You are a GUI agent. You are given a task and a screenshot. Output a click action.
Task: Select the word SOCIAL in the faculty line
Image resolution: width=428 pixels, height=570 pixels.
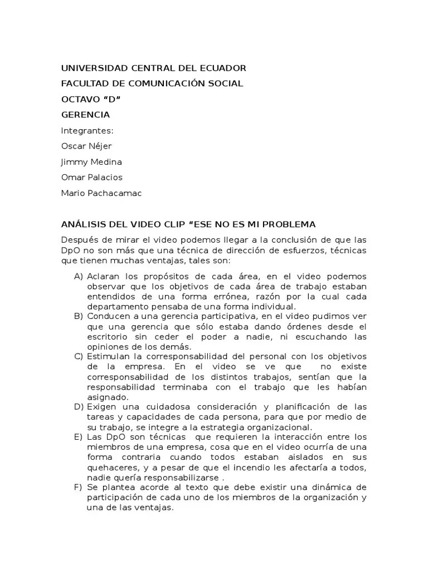pyautogui.click(x=224, y=83)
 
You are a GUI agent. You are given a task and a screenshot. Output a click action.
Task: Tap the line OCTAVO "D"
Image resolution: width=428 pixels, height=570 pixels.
pyautogui.click(x=90, y=99)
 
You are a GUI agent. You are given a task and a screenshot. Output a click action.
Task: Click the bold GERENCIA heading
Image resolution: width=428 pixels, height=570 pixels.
pyautogui.click(x=85, y=115)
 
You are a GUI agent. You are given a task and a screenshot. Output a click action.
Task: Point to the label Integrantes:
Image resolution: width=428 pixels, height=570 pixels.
pyautogui.click(x=87, y=131)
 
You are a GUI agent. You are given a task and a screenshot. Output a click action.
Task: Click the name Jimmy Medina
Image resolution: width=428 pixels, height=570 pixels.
pyautogui.click(x=91, y=162)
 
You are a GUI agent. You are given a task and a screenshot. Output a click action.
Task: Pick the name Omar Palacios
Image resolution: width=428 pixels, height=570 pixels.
pyautogui.click(x=91, y=178)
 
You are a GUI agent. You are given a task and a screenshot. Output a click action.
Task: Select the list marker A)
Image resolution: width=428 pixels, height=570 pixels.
pyautogui.click(x=78, y=277)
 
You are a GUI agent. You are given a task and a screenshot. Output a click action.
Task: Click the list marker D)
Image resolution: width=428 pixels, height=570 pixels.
pyautogui.click(x=78, y=407)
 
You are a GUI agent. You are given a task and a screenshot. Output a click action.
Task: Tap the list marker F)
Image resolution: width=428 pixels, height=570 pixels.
pyautogui.click(x=78, y=487)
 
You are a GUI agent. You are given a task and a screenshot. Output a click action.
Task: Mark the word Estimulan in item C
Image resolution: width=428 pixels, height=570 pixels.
pyautogui.click(x=108, y=356)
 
